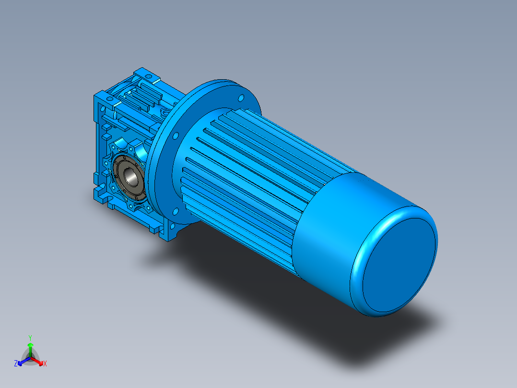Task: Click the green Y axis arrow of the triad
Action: (x=30, y=346)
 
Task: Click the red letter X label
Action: (x=45, y=364)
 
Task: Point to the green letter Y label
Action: (x=30, y=337)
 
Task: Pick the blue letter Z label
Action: (x=16, y=364)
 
